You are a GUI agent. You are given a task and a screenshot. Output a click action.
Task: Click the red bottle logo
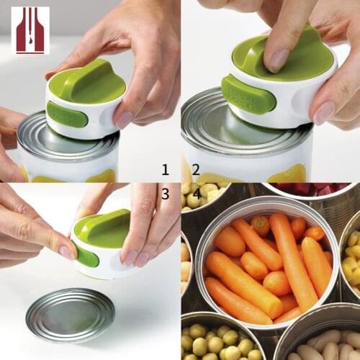pyautogui.click(x=31, y=30)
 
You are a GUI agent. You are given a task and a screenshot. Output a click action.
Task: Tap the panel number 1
pyautogui.click(x=165, y=170)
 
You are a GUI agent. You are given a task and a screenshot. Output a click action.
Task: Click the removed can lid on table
pyautogui.click(x=70, y=315)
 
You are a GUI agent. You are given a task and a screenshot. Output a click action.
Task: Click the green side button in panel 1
pyautogui.click(x=68, y=114)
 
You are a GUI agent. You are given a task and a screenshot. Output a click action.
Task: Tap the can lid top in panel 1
pyautogui.click(x=43, y=133)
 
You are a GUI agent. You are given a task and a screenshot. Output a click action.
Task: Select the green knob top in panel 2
pyautogui.click(x=288, y=54)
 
